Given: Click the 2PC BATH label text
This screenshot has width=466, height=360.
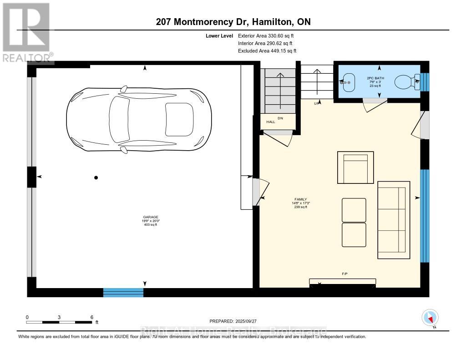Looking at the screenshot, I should click(376, 78).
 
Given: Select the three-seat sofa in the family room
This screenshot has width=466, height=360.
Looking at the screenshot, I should click(394, 220).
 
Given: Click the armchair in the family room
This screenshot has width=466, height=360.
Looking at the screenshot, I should click(355, 167).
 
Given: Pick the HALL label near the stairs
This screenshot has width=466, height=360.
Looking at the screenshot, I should click(270, 122).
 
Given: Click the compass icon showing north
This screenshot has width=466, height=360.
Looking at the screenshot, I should click(430, 317).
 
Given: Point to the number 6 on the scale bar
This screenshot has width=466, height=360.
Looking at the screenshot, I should click(91, 317).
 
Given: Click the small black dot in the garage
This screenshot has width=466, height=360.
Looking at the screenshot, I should click(96, 177).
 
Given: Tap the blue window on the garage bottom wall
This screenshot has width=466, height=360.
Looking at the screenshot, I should click(123, 292).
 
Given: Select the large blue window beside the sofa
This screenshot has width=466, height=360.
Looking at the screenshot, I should click(424, 216).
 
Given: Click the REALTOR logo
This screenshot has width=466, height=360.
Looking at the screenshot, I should click(26, 32).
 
